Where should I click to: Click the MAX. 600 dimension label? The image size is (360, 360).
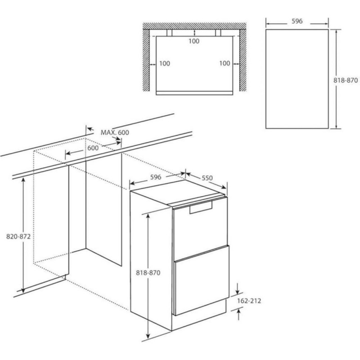click(x=115, y=132)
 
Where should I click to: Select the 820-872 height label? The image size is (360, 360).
click(x=18, y=237)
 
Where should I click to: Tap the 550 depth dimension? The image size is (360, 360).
click(x=207, y=178)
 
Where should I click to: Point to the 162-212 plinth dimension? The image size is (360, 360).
click(x=249, y=301)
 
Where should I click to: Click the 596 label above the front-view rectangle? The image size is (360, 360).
click(x=297, y=21)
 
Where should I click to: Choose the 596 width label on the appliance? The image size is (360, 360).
click(x=156, y=177)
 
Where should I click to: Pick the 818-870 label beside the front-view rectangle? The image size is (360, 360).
click(x=346, y=81)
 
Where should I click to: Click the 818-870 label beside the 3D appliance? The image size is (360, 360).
click(x=148, y=273)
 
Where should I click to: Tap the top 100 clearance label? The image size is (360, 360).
click(x=194, y=41)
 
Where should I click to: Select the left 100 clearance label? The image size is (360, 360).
click(x=165, y=63)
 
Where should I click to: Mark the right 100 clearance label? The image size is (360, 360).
click(x=225, y=63)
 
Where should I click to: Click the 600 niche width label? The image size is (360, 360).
click(x=93, y=148)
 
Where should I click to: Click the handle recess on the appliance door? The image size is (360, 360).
click(x=201, y=207)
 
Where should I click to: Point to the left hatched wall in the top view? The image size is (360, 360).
click(x=146, y=60)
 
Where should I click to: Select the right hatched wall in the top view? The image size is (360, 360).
click(x=243, y=60)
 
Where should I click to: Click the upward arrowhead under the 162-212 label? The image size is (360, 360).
click(x=238, y=311)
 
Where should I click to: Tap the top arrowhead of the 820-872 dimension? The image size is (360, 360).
click(x=23, y=180)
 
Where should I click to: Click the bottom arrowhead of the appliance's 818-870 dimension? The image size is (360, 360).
click(x=148, y=336)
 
